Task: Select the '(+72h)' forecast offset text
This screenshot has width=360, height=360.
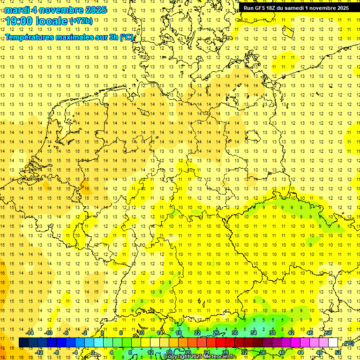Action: coord(81,21)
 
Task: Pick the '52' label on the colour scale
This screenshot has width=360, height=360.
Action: coord(338,352)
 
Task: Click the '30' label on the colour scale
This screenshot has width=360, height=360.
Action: coord(235,333)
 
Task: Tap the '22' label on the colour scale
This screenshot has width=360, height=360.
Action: coord(197,333)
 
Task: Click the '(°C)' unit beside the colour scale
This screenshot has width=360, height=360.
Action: coord(348,344)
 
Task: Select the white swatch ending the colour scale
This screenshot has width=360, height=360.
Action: coord(333,343)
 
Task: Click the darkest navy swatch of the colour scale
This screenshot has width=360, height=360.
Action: coord(24,343)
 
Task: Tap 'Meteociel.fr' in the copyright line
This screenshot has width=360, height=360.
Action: coord(220,357)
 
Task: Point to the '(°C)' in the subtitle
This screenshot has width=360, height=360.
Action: coord(127,37)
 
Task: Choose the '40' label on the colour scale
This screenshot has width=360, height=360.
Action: coord(282,352)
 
